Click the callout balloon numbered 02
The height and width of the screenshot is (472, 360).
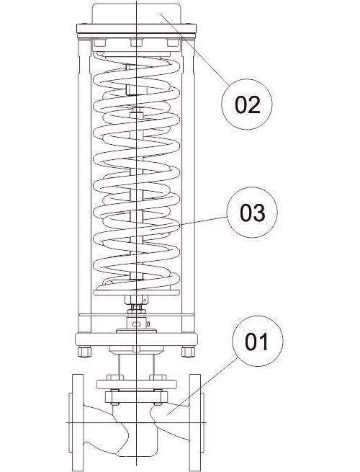(x=247, y=104)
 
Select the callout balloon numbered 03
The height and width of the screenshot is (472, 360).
(x=252, y=212)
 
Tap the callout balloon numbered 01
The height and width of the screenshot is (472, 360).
(x=258, y=341)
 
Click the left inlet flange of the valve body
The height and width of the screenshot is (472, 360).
(x=78, y=422)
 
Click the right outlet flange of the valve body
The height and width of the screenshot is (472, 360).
(x=195, y=422)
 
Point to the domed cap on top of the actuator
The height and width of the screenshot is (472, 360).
(x=136, y=14)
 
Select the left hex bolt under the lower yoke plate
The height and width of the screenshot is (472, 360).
(x=84, y=352)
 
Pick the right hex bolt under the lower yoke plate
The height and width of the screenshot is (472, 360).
(x=188, y=352)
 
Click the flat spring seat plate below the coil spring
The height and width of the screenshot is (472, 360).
(x=136, y=293)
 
